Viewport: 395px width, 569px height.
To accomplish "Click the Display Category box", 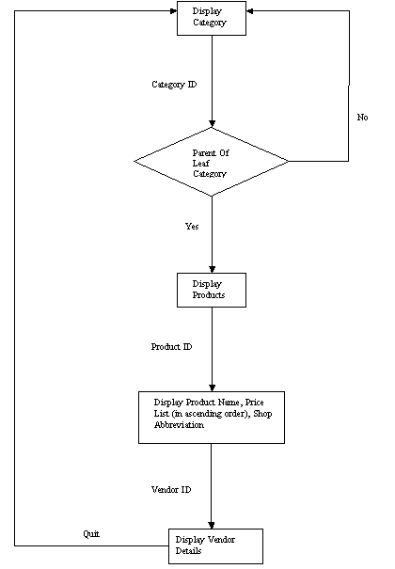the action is (x=212, y=18).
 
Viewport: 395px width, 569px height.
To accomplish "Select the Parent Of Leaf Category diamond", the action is (x=212, y=162).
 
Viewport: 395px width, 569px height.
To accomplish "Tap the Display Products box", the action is (x=212, y=290).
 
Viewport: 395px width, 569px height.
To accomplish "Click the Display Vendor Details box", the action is (x=215, y=546).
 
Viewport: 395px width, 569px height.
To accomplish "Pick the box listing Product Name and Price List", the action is (x=212, y=418).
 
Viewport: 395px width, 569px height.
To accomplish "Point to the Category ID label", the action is (x=174, y=85).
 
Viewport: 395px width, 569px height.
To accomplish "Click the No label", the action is (x=362, y=118).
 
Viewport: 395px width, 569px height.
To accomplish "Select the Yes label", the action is (x=192, y=227).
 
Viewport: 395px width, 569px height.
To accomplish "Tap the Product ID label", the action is (x=171, y=347).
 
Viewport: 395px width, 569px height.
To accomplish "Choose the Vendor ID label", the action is (x=171, y=490).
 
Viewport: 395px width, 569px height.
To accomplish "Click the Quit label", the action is (x=91, y=534).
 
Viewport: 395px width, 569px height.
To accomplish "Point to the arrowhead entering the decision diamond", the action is (x=212, y=124).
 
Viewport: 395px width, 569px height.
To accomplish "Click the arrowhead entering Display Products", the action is (x=212, y=269).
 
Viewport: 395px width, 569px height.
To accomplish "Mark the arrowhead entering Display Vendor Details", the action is (x=212, y=526).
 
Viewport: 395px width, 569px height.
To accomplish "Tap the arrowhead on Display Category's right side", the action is (x=249, y=11).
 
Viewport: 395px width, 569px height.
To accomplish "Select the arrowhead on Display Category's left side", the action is (x=173, y=11).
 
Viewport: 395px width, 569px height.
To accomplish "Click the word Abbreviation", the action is (x=179, y=425).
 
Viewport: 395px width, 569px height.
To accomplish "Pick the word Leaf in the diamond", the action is (x=200, y=164).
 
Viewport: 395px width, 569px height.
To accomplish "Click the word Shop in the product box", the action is (x=262, y=414).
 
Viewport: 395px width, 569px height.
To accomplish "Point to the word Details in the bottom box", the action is (x=188, y=551).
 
